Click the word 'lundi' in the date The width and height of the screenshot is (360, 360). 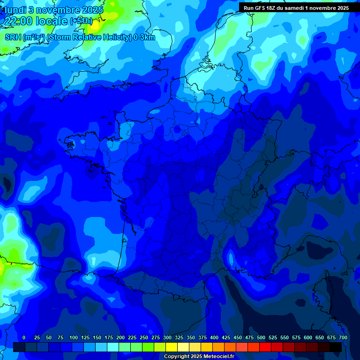[x=16, y=10]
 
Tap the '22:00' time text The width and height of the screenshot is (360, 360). [x=19, y=21]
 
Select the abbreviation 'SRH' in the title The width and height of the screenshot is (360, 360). [x=13, y=37]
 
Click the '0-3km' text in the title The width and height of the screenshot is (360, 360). [x=144, y=37]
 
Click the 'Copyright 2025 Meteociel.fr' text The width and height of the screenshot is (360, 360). [x=199, y=357]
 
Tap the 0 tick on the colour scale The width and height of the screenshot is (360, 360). [x=23, y=337]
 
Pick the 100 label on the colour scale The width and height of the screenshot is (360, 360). [x=73, y=337]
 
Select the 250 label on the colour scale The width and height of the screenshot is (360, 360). [x=143, y=337]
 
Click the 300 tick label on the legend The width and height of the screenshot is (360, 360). [x=167, y=337]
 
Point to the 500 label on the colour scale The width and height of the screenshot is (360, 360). [x=261, y=337]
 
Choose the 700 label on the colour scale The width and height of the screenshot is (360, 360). [x=343, y=337]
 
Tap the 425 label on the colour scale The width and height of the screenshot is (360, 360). [x=226, y=337]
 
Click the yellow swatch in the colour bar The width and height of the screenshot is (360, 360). [x=172, y=347]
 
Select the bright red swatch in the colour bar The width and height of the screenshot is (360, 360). [x=265, y=347]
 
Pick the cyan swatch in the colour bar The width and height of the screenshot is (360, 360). [x=113, y=347]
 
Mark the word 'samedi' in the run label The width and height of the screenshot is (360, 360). [x=293, y=8]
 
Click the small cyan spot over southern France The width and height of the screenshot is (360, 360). [x=231, y=258]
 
